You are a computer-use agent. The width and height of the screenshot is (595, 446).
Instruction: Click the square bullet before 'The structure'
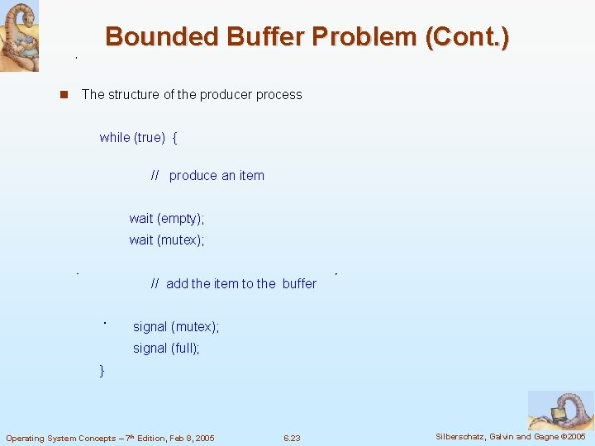[62, 95]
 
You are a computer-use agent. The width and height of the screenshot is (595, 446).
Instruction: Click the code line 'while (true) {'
[138, 138]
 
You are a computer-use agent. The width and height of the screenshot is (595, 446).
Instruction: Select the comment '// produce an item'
[207, 176]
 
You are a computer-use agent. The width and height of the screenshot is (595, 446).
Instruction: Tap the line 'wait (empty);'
[166, 219]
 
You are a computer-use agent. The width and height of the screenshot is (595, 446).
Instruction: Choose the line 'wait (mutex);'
[166, 240]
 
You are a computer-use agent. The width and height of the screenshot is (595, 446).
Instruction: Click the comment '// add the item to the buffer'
[234, 284]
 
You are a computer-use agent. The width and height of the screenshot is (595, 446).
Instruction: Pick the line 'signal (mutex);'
[176, 327]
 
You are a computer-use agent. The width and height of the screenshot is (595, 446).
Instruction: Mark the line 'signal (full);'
[166, 349]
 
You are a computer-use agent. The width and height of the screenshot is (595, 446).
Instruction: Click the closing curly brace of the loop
[102, 371]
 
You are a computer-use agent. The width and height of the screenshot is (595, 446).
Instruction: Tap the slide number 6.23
[292, 438]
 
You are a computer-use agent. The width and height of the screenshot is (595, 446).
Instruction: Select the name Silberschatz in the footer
[464, 437]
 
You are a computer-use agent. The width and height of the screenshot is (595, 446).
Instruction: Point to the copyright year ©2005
[572, 437]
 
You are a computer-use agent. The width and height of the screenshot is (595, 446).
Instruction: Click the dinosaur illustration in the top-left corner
[19, 36]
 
